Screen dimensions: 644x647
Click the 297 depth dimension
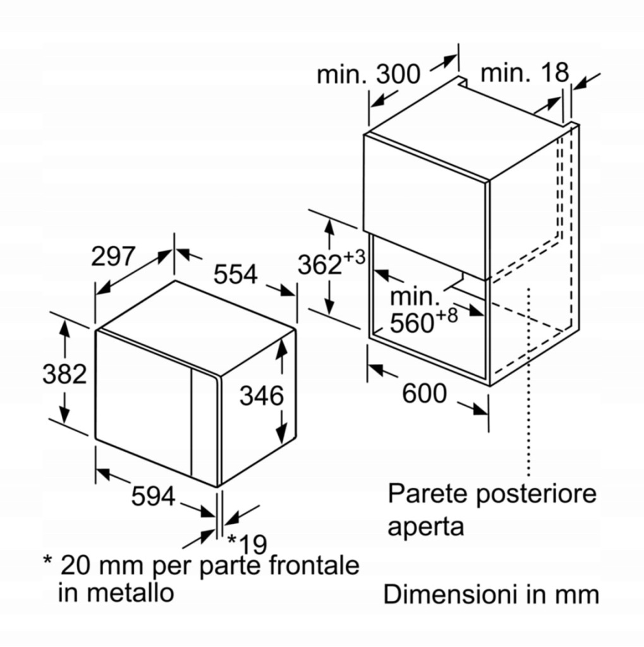113,257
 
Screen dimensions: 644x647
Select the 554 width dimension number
235,274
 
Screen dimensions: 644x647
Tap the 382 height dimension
64,374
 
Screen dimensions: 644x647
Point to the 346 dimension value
261,396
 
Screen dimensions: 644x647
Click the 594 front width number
153,497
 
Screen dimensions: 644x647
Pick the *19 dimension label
247,543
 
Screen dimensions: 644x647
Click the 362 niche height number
320,265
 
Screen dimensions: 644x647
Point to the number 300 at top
398,74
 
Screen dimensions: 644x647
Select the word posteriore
535,493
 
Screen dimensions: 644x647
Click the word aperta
425,526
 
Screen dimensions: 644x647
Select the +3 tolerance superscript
355,257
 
